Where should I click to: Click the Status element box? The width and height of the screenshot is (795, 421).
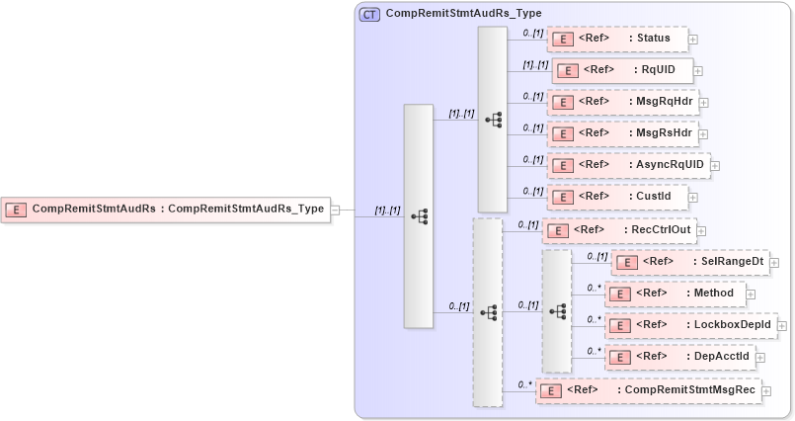coord(616,40)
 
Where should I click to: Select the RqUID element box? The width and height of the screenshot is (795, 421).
coord(621,70)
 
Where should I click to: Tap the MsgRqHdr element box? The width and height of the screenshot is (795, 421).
coord(621,102)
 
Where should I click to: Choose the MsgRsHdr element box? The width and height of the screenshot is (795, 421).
coord(621,133)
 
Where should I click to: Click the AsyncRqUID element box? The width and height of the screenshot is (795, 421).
coord(627,165)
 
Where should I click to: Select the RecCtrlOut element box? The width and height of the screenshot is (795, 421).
coord(618,230)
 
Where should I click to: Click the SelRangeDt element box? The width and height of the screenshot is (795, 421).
coord(688,262)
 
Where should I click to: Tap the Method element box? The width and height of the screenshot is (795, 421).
coord(675,294)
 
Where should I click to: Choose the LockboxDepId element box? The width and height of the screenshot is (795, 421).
coord(690,325)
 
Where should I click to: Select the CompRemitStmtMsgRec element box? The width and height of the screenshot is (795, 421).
coord(648,390)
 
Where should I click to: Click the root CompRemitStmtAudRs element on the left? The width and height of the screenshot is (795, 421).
coord(165,210)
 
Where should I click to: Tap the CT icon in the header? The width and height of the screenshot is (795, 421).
coord(369,15)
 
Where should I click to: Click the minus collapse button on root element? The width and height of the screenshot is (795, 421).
coord(336,210)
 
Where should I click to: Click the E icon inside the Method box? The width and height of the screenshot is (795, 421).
coord(618,295)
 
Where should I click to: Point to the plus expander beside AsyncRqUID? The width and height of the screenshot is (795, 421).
coord(715,166)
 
